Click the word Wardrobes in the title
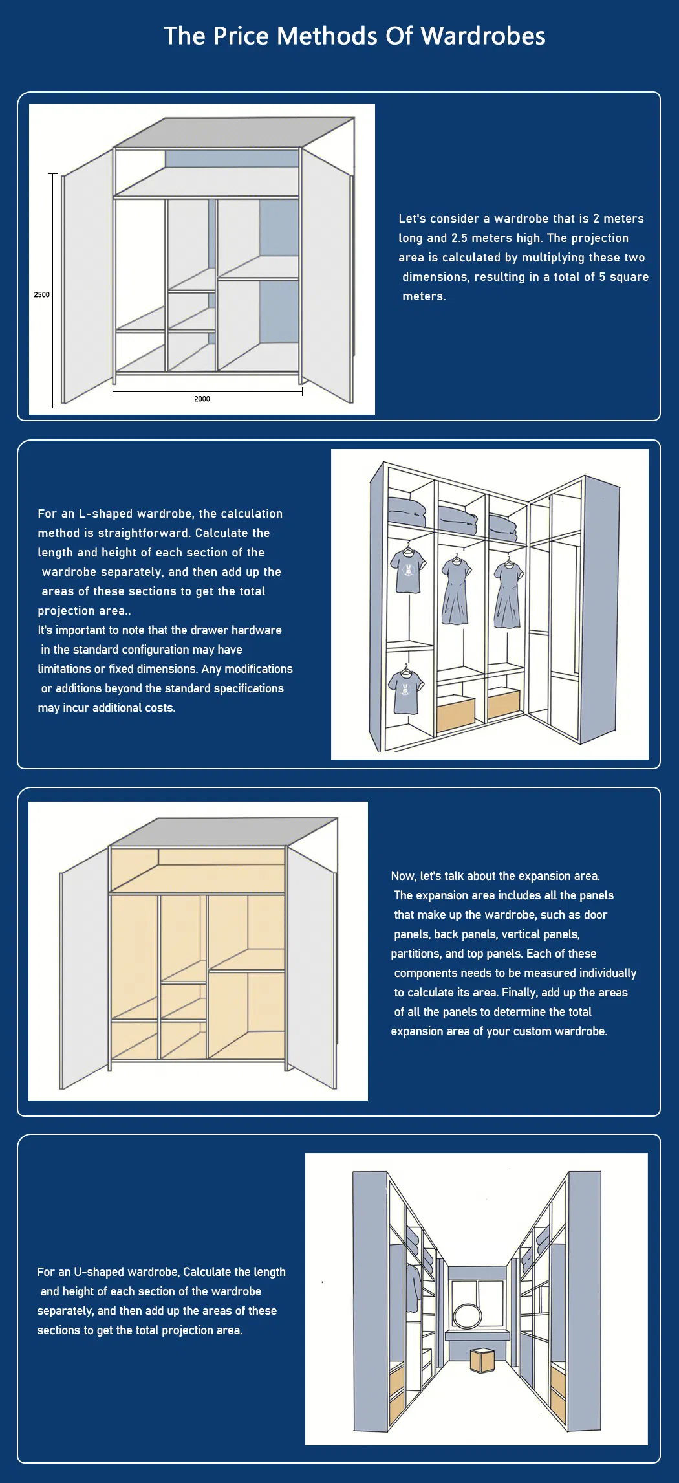pos(483,36)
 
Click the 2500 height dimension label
pos(41,295)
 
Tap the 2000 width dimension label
pos(202,399)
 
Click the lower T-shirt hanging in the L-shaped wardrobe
pos(407,692)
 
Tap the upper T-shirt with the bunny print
pos(407,570)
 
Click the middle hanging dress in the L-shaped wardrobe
pos(455,591)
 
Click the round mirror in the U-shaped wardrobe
pos(467,1315)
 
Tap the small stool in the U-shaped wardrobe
pos(482,1359)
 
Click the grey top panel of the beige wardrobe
pos(223,831)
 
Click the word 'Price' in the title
pos(241,36)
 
